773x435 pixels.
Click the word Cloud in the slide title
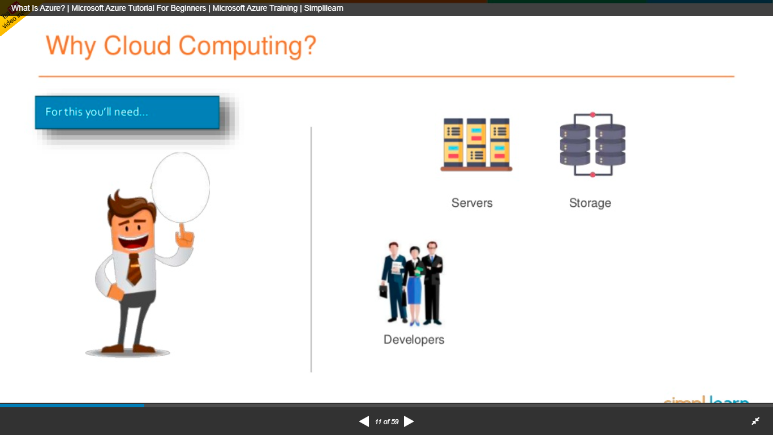[138, 45]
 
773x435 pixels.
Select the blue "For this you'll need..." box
[127, 112]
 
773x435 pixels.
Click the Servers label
[472, 203]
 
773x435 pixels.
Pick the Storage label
[590, 203]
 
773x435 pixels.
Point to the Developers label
[414, 340]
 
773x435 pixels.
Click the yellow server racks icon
[476, 144]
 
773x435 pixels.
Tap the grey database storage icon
[592, 145]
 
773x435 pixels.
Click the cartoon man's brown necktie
[134, 269]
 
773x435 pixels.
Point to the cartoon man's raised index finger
[182, 229]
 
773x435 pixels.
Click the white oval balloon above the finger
[181, 187]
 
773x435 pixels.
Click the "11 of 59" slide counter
[386, 422]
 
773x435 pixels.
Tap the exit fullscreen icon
[755, 421]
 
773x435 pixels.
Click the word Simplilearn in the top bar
[323, 8]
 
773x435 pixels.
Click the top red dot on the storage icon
[592, 115]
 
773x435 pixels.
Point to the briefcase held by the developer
[384, 291]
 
